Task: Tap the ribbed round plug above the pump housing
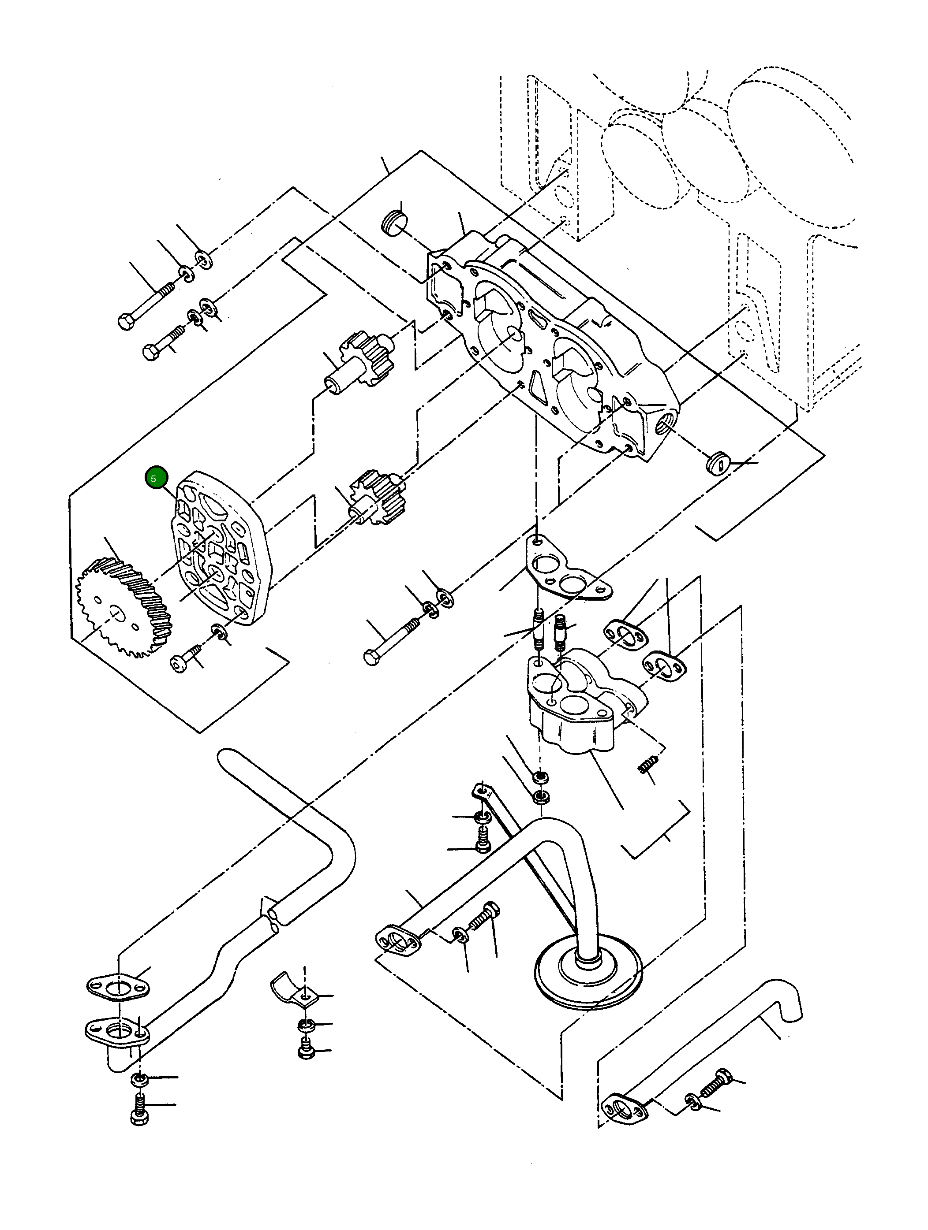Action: (x=394, y=223)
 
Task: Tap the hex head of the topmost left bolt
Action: (x=125, y=321)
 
